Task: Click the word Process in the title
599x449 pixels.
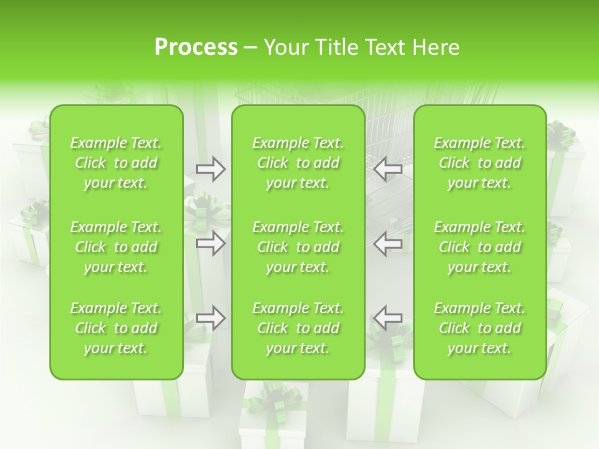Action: pyautogui.click(x=196, y=47)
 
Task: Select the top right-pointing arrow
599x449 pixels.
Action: pyautogui.click(x=211, y=169)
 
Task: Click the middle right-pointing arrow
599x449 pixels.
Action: pyautogui.click(x=211, y=243)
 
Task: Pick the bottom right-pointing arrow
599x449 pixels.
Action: pyautogui.click(x=211, y=318)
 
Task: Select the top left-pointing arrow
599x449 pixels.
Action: pyautogui.click(x=388, y=169)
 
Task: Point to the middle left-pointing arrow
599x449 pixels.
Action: pyautogui.click(x=388, y=243)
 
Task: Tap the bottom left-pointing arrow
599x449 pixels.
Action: pyautogui.click(x=388, y=318)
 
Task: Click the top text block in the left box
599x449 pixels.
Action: pyautogui.click(x=116, y=163)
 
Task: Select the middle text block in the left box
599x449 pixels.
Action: pyautogui.click(x=116, y=247)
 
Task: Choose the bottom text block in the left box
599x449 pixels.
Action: pyautogui.click(x=116, y=328)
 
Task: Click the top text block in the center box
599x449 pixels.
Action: pyautogui.click(x=298, y=163)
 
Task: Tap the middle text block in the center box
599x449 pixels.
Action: pyautogui.click(x=298, y=247)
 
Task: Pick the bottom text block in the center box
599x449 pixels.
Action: pyautogui.click(x=298, y=328)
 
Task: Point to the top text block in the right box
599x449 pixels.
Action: pyautogui.click(x=480, y=163)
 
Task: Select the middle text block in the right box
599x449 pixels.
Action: pyautogui.click(x=480, y=247)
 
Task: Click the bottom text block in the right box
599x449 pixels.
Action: pyautogui.click(x=480, y=328)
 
